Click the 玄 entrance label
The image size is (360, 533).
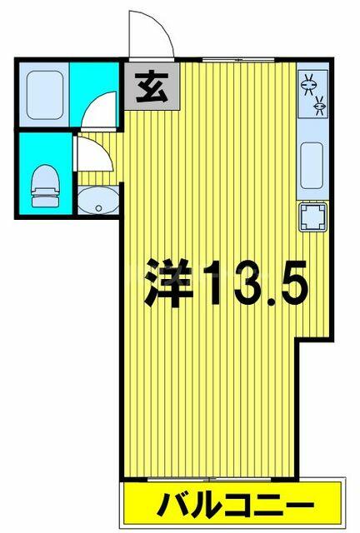tap(152, 87)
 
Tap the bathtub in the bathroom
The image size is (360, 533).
tap(44, 95)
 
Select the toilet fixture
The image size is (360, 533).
tap(46, 186)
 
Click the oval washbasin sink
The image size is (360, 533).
tap(98, 201)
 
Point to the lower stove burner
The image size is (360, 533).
tap(319, 106)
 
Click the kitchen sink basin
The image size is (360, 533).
tap(312, 165)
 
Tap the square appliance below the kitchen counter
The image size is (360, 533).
tap(312, 217)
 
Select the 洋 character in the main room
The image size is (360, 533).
tap(167, 282)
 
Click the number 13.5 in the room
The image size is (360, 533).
tap(252, 283)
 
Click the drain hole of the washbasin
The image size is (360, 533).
tap(98, 208)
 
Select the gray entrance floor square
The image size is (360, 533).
tap(152, 86)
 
